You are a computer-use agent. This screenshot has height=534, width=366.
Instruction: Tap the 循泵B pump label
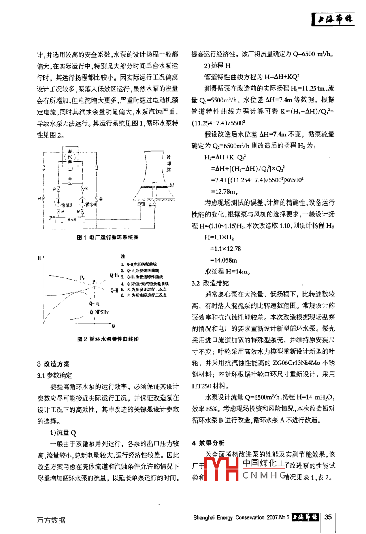point(66,205)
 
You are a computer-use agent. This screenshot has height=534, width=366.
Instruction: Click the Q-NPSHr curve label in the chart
point(99,312)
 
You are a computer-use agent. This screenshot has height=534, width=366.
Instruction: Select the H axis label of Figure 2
point(40,257)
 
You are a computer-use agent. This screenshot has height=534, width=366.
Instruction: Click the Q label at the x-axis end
point(113,326)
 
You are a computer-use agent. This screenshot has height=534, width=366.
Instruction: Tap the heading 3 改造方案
point(53,364)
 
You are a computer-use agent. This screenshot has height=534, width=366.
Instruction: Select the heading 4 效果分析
point(208,443)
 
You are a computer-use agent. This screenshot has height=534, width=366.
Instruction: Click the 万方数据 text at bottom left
point(51,520)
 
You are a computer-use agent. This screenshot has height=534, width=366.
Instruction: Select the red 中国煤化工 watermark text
point(264,464)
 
